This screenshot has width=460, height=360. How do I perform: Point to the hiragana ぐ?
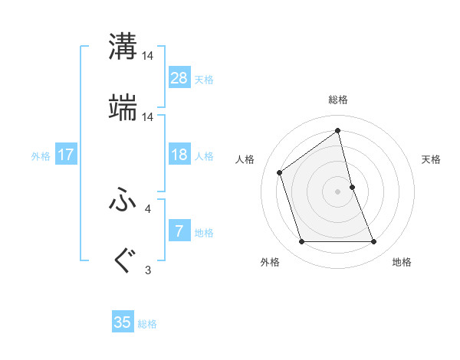(x=123, y=261)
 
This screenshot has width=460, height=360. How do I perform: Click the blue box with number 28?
(x=179, y=78)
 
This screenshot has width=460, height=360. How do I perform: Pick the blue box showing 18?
(x=179, y=155)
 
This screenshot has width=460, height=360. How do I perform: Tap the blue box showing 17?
(x=66, y=155)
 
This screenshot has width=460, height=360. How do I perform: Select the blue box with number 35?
(x=123, y=322)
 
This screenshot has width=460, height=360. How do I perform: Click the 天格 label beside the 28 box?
(x=204, y=80)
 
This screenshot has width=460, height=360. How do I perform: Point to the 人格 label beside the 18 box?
(x=204, y=156)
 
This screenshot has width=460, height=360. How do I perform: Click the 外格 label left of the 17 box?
(x=41, y=156)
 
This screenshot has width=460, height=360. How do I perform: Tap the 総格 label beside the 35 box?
(x=147, y=324)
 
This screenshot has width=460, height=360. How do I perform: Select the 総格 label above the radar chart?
(x=338, y=100)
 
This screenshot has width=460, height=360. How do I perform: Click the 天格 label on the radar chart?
(x=432, y=159)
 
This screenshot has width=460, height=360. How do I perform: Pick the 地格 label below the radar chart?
(x=402, y=263)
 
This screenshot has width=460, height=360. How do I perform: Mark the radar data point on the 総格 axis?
(x=338, y=131)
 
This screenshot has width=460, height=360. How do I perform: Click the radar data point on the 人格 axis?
(x=280, y=172)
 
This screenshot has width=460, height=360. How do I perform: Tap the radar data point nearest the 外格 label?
(x=302, y=242)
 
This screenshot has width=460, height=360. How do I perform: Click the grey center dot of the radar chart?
(x=338, y=191)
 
